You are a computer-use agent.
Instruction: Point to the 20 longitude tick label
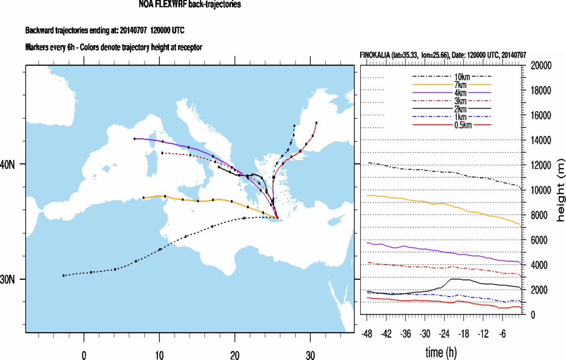235,354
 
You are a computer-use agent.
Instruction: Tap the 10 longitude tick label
159,354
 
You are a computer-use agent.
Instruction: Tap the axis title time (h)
441,353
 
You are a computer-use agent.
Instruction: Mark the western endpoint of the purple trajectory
135,139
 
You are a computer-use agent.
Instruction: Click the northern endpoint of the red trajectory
316,123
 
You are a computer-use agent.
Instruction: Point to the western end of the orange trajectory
144,197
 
